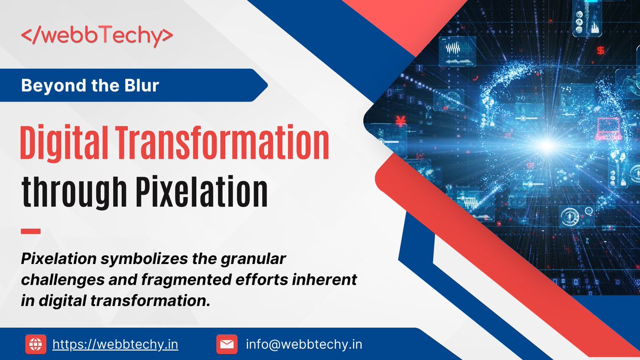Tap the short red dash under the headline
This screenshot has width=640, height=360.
click(x=30, y=231)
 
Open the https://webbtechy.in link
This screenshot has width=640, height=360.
click(x=115, y=344)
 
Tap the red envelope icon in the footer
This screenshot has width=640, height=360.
click(x=227, y=344)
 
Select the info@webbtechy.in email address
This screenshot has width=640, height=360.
click(x=304, y=344)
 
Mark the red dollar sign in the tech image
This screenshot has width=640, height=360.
click(x=601, y=51)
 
